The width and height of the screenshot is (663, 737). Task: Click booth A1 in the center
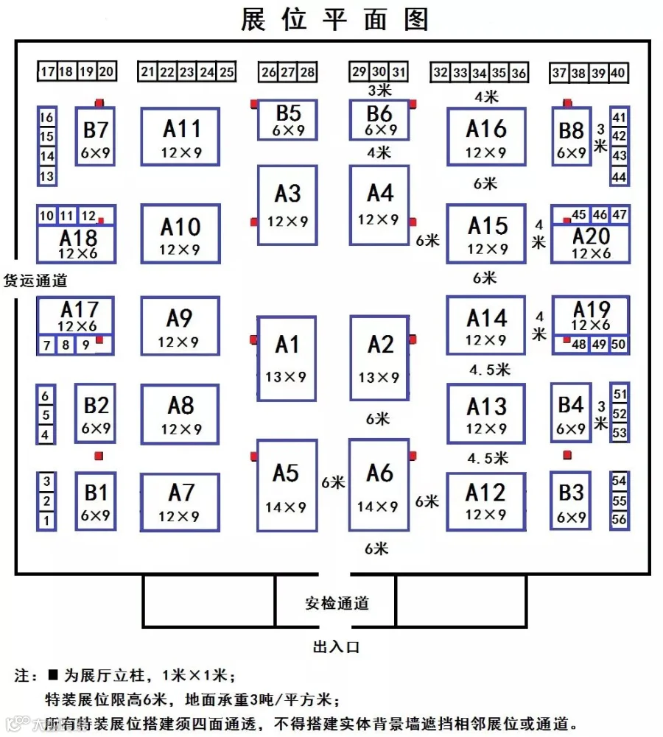pyautogui.click(x=287, y=359)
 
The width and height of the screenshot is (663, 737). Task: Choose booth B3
pyautogui.click(x=570, y=501)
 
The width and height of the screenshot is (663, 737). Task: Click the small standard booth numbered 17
pyautogui.click(x=48, y=71)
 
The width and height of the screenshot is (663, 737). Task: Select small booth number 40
pyautogui.click(x=617, y=73)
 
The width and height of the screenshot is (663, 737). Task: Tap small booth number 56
pyautogui.click(x=619, y=519)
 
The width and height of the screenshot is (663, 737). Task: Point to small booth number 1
pyautogui.click(x=47, y=521)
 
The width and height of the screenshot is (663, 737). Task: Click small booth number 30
pyautogui.click(x=379, y=71)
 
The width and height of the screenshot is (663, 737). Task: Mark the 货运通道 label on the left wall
pyautogui.click(x=35, y=281)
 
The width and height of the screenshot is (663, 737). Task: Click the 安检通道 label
pyautogui.click(x=337, y=604)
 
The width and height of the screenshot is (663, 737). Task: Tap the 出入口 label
pyautogui.click(x=336, y=647)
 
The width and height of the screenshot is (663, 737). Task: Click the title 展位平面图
pyautogui.click(x=334, y=20)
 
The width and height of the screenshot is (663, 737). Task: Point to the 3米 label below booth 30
pyautogui.click(x=379, y=90)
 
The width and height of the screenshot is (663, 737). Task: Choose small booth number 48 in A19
pyautogui.click(x=580, y=344)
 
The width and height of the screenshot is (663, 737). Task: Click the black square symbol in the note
pyautogui.click(x=52, y=674)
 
